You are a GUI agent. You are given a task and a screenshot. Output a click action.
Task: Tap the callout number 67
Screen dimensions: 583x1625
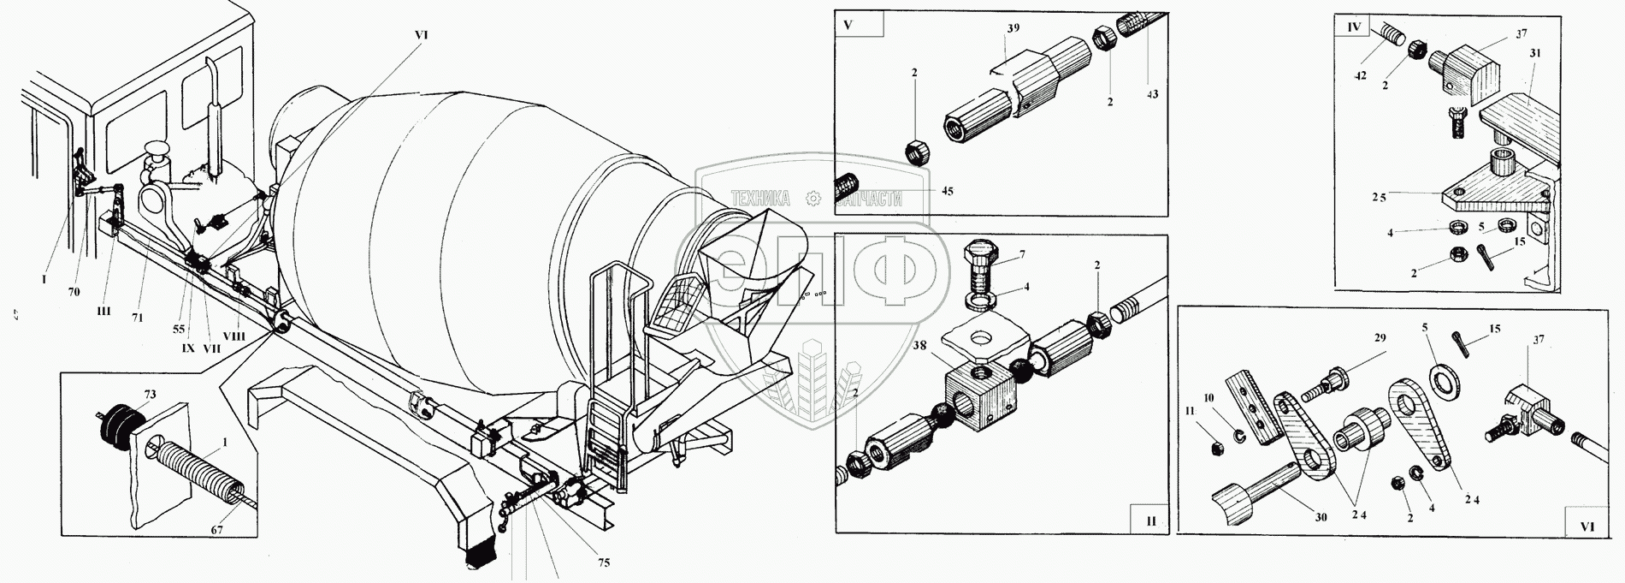216,530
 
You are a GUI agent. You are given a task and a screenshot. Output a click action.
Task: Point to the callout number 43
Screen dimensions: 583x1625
1151,93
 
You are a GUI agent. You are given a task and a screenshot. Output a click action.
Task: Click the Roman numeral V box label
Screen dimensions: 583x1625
848,24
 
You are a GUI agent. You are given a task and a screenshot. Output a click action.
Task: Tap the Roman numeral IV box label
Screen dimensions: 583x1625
1354,27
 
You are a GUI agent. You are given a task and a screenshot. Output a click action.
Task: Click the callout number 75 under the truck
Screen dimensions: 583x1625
603,562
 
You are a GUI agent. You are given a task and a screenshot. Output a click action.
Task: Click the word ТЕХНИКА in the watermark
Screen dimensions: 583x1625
756,199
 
